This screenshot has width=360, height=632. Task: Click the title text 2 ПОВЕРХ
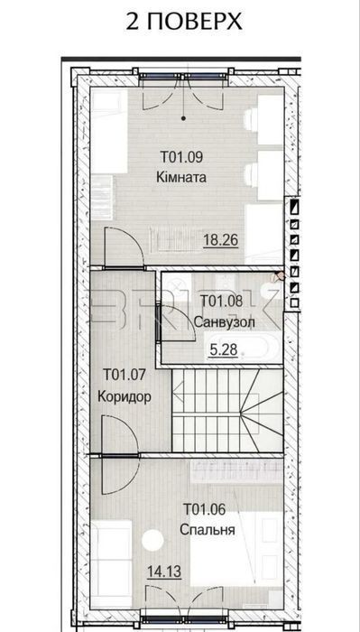click(x=184, y=21)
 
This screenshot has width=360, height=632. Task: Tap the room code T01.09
click(x=181, y=157)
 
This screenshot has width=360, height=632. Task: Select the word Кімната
click(x=181, y=177)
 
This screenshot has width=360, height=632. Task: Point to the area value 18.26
click(x=221, y=240)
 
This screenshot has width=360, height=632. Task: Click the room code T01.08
click(x=221, y=301)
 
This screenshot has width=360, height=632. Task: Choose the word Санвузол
click(x=224, y=322)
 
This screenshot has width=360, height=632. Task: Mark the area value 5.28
click(x=224, y=350)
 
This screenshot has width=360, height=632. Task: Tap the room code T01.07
click(x=124, y=375)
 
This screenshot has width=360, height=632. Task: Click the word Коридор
click(x=125, y=396)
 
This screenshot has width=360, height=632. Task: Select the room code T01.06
click(x=204, y=508)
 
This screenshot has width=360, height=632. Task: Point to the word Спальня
click(x=207, y=529)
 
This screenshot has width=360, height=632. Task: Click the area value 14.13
click(x=164, y=571)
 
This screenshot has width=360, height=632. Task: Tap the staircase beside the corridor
click(x=227, y=410)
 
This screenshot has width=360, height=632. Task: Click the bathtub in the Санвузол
click(x=241, y=346)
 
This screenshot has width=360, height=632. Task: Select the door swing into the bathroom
click(x=178, y=323)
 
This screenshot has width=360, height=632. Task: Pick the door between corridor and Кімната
click(x=124, y=247)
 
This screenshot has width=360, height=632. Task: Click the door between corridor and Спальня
click(x=120, y=455)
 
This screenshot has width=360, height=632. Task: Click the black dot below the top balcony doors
click(x=184, y=118)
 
